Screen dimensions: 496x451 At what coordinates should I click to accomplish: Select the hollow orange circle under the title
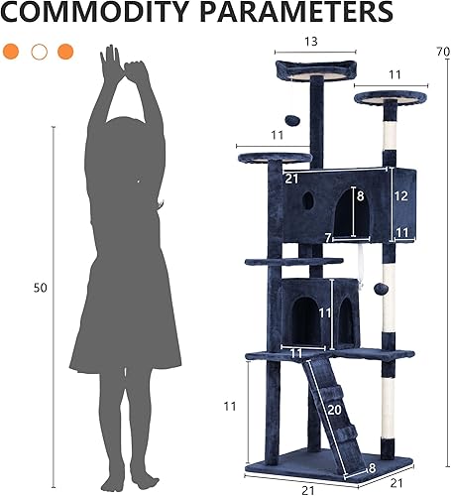click(x=40, y=51)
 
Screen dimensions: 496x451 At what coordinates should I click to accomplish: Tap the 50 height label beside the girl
click(x=40, y=288)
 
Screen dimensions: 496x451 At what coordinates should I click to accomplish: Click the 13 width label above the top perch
click(x=312, y=42)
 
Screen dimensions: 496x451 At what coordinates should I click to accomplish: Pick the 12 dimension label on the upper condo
click(x=400, y=196)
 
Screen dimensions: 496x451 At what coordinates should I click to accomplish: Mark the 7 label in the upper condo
click(x=329, y=236)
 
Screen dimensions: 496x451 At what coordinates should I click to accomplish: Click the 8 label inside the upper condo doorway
click(x=360, y=196)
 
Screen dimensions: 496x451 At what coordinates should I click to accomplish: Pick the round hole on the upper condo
click(x=307, y=199)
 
